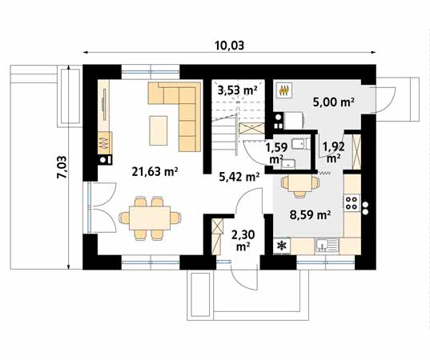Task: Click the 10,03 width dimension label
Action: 228,46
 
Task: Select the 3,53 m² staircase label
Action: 237,90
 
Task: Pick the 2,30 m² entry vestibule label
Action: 242,240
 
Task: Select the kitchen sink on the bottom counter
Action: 324,244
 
